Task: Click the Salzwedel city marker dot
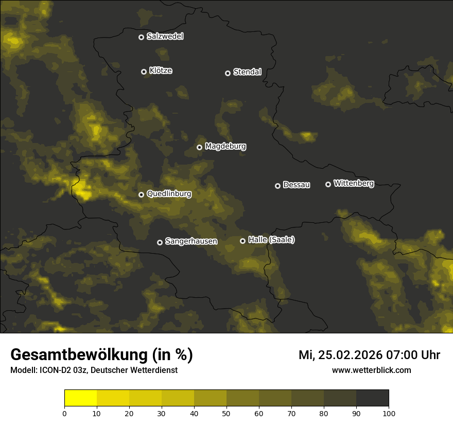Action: point(141,37)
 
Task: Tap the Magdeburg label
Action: point(225,147)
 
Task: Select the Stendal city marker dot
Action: point(228,73)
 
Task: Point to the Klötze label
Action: point(161,71)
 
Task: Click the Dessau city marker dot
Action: point(277,186)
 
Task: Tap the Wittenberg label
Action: point(354,184)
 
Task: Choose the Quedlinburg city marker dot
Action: point(141,194)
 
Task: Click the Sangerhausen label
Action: point(191,241)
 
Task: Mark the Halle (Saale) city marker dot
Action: point(242,241)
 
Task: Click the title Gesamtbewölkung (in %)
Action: point(101,355)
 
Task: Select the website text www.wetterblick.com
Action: point(371,370)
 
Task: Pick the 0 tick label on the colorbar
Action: point(64,413)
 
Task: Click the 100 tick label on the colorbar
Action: point(389,413)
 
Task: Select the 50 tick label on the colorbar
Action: point(226,413)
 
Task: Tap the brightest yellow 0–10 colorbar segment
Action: point(80,398)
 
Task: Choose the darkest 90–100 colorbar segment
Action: point(372,398)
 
